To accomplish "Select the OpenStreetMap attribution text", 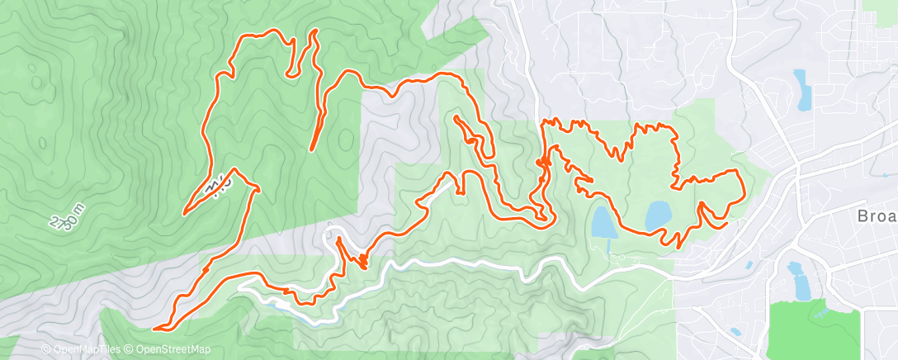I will (x=170, y=350).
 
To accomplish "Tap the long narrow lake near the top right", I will (x=801, y=89).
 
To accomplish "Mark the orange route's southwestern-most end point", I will (x=154, y=329).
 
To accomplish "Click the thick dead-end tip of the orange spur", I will (x=312, y=149).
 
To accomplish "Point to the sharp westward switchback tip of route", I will (x=183, y=213).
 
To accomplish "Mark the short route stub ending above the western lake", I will (x=592, y=180).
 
